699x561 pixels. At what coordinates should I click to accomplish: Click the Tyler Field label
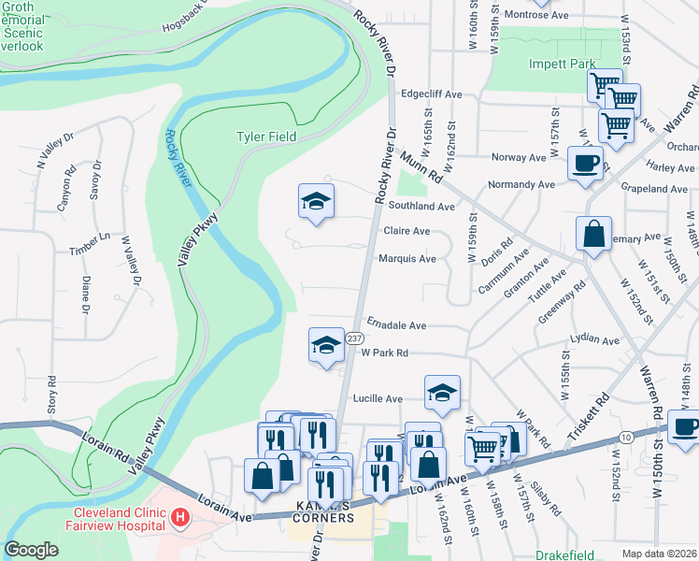pos(265,137)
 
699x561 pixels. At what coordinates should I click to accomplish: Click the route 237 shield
pos(354,338)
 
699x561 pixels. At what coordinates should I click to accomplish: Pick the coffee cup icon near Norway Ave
pos(585,163)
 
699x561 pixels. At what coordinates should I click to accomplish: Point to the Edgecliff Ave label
pos(431,94)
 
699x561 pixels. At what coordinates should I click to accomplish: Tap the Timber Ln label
pos(90,251)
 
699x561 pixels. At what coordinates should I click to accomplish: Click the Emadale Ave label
pos(396,325)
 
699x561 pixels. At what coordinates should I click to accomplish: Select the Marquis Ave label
pos(407,259)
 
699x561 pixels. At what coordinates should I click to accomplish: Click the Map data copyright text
pos(659,553)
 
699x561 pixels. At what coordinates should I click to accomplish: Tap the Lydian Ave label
pos(599,341)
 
